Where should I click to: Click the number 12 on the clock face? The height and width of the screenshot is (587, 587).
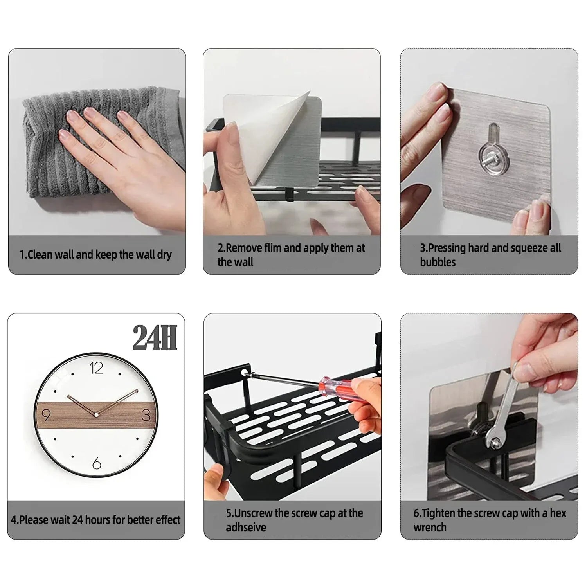(x=96, y=368)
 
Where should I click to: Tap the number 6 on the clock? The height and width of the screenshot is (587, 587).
(x=97, y=464)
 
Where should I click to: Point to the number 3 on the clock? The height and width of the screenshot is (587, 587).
(x=146, y=414)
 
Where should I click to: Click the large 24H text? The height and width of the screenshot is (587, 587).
(x=155, y=337)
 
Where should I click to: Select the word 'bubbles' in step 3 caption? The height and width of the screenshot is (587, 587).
(x=438, y=262)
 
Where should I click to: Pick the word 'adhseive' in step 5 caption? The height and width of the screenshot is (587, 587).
(x=246, y=528)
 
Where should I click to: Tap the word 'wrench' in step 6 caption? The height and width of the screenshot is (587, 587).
(x=430, y=528)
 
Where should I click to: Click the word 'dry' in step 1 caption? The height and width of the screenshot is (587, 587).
(x=164, y=255)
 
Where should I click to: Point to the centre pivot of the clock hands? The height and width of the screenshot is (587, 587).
(x=96, y=414)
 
